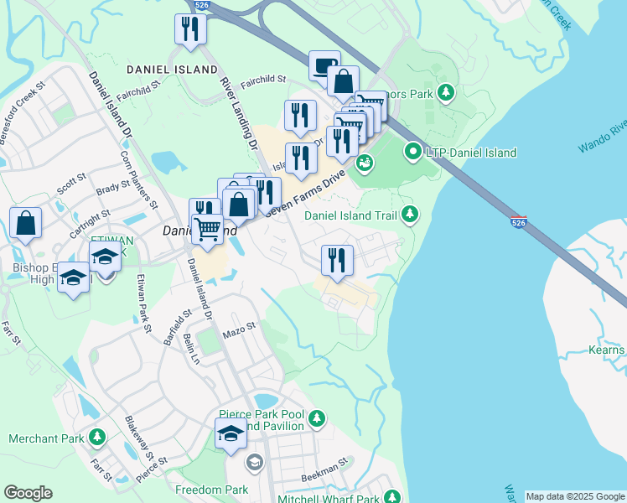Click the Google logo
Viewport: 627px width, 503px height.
click(28, 493)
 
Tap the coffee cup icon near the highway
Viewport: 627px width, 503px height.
click(324, 65)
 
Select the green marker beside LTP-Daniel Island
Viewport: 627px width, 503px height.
click(412, 153)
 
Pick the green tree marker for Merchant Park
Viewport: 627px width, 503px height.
click(97, 438)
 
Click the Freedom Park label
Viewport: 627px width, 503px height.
click(211, 489)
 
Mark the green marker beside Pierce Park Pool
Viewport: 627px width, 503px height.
click(316, 417)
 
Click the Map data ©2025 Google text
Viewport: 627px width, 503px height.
click(574, 496)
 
